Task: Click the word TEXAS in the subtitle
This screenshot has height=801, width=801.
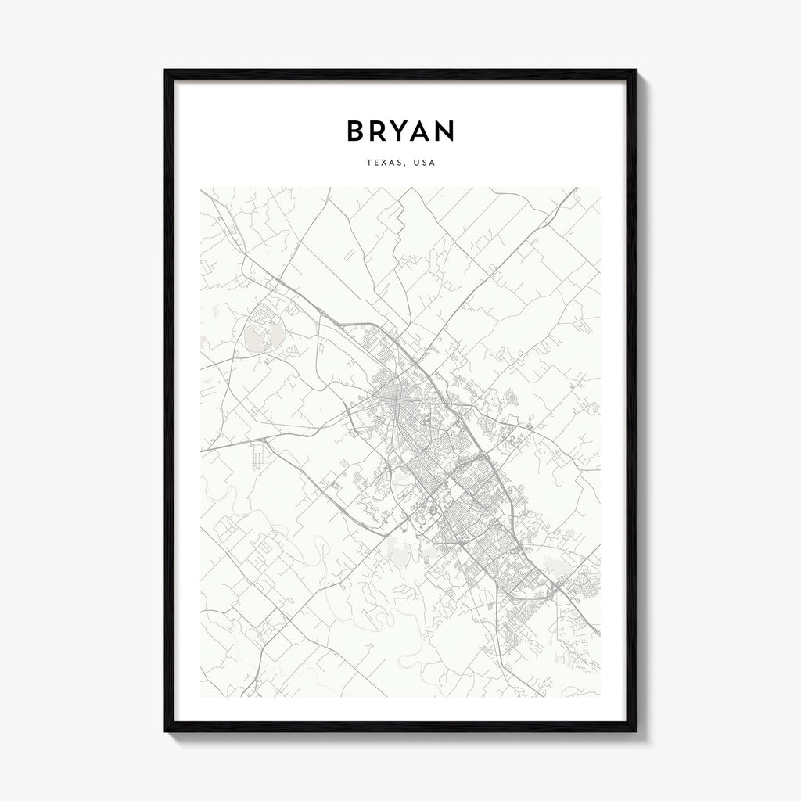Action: click(x=384, y=163)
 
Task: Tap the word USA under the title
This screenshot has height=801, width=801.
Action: click(x=424, y=163)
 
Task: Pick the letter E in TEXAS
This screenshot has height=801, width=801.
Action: click(x=375, y=163)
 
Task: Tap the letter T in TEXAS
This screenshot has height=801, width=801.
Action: click(x=368, y=163)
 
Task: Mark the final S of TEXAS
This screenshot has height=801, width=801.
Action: click(x=400, y=163)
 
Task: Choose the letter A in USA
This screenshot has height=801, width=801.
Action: click(x=433, y=163)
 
